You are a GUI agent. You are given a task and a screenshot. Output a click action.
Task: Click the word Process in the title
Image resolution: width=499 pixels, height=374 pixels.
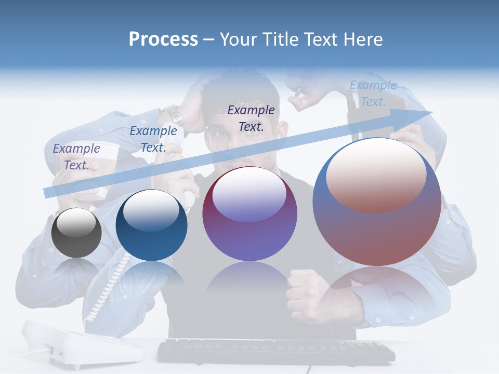(163, 39)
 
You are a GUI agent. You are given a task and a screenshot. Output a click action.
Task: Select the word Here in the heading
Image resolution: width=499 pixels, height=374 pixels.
(362, 39)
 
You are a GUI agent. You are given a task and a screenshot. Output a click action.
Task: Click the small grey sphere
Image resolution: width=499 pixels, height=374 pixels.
(76, 233)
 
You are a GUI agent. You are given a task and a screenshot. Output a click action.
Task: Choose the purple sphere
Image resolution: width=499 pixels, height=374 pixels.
(249, 213)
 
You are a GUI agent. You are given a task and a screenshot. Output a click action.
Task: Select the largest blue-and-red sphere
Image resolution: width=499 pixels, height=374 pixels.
(377, 202)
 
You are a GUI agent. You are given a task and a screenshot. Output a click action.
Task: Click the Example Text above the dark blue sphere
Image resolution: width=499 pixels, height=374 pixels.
(153, 139)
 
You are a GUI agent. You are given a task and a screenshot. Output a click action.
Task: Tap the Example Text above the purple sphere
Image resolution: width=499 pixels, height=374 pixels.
(251, 118)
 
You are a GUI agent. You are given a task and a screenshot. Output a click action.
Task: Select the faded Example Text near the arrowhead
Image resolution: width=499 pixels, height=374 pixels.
(373, 94)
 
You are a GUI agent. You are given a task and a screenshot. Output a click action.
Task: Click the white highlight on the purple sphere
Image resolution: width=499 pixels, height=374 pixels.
(249, 195)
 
